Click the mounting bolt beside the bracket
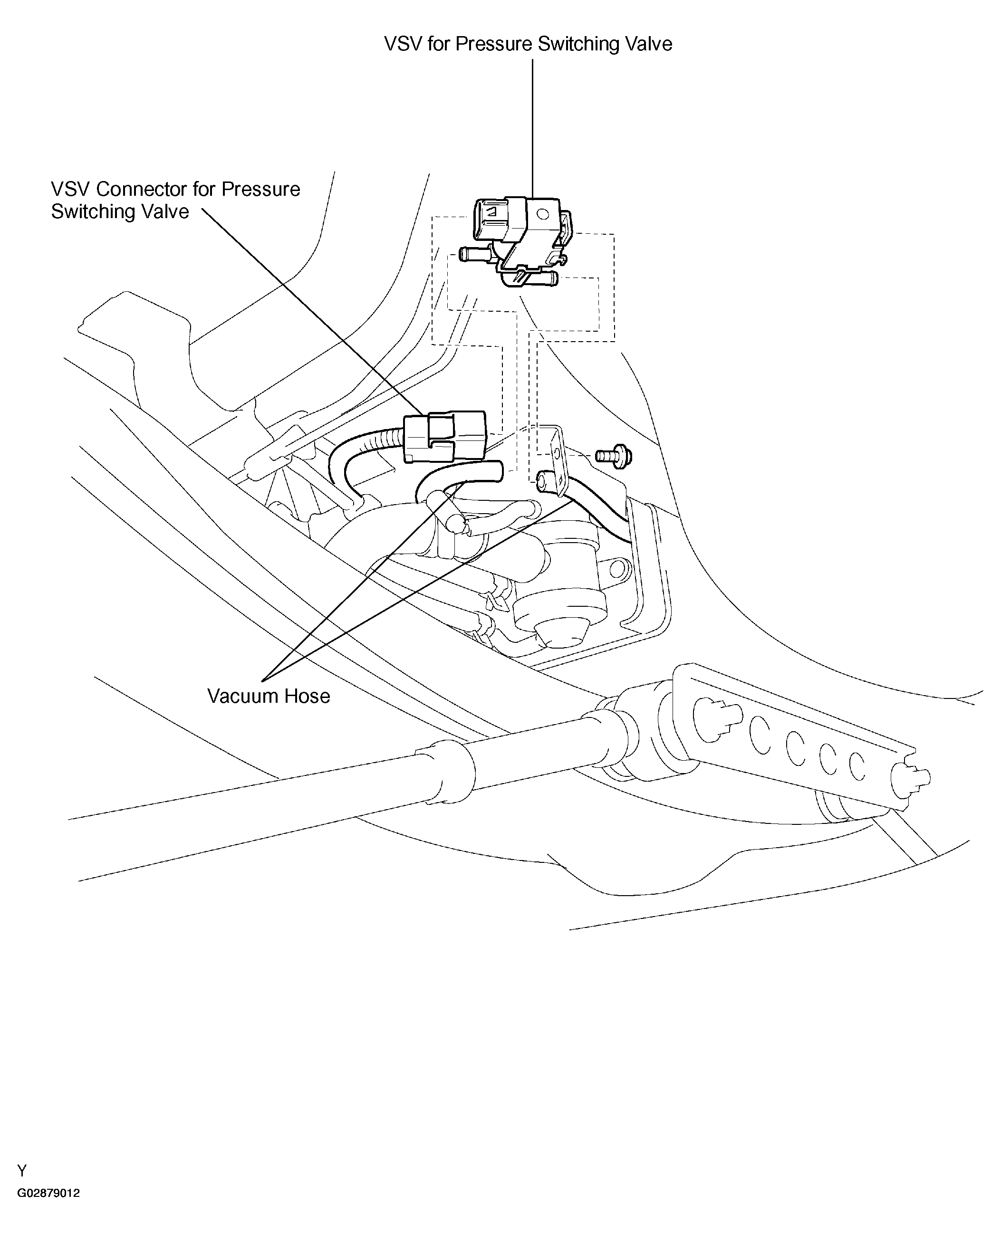[615, 456]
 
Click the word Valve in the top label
[646, 44]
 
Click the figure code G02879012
[48, 1193]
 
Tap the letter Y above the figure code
[22, 1171]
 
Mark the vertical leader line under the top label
[532, 127]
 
